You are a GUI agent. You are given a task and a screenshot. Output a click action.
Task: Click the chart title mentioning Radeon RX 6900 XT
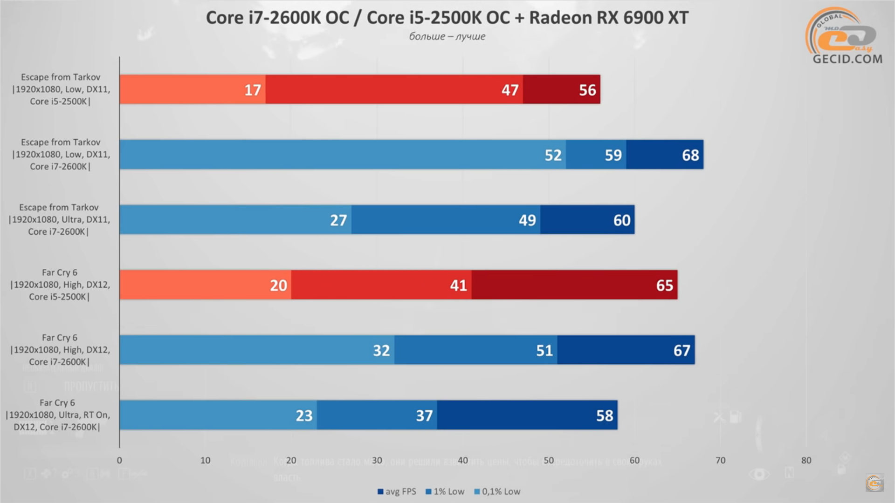[x=447, y=18]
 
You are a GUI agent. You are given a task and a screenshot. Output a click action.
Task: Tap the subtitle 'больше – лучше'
[x=447, y=36]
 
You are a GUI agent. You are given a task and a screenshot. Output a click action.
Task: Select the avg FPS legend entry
[x=397, y=491]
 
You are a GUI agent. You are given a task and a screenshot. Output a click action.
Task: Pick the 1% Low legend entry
[x=445, y=491]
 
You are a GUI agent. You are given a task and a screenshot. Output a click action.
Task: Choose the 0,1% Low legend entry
[x=497, y=491]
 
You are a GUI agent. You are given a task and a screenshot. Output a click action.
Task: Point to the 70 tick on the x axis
[x=720, y=460]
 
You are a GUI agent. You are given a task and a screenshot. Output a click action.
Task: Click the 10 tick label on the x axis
[x=205, y=460]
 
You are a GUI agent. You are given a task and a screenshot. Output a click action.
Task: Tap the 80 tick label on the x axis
[x=806, y=460]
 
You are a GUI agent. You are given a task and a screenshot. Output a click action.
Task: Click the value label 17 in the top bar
[x=253, y=90]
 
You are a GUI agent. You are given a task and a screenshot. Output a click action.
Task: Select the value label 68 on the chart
[x=690, y=155]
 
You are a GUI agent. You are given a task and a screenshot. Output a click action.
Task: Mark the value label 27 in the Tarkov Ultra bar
[x=338, y=220]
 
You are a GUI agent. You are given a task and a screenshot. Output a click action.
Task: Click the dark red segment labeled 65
[x=574, y=285]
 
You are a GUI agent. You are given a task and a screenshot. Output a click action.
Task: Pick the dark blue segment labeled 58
[x=527, y=415]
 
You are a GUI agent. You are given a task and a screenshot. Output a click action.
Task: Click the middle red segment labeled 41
[x=381, y=285]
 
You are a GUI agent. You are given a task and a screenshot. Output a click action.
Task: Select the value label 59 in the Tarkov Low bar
[x=613, y=155]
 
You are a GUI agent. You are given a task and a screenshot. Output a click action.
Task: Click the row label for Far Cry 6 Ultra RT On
[x=57, y=415]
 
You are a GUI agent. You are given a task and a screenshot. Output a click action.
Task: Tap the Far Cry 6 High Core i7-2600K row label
[x=60, y=350]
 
